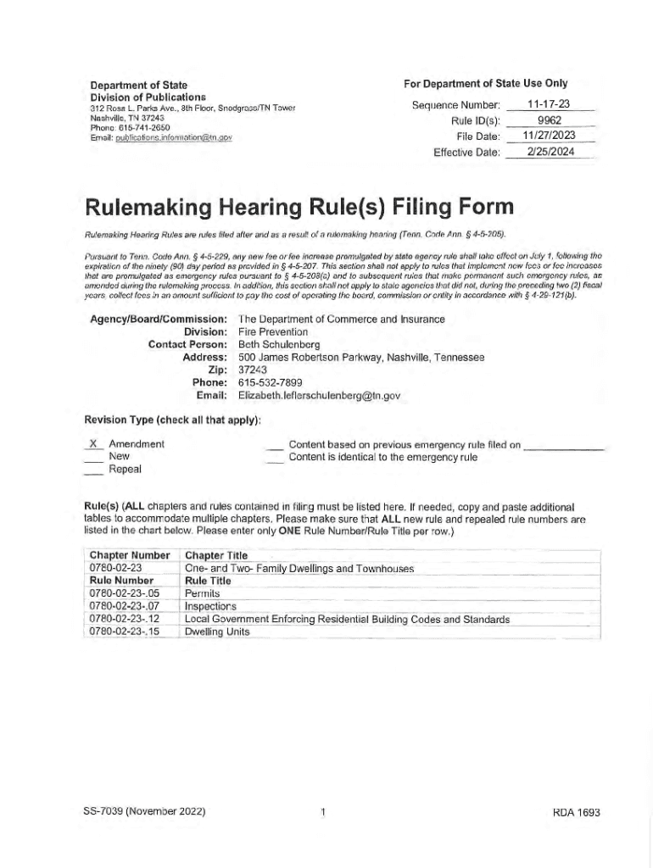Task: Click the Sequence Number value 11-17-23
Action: pos(547,104)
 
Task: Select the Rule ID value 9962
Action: pos(547,120)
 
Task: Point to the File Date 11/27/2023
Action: pos(549,136)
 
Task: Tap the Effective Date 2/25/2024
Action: pos(549,152)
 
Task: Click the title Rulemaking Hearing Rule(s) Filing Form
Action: pos(299,208)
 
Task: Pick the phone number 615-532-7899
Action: pos(271,382)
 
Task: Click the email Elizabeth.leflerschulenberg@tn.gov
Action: pos(319,395)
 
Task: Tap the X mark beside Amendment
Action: pos(93,444)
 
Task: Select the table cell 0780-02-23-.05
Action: pos(124,593)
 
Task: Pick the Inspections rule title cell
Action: pos(210,606)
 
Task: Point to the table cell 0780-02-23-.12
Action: pos(124,619)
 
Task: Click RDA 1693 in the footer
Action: pos(576,812)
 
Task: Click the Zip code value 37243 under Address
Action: pos(253,370)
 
